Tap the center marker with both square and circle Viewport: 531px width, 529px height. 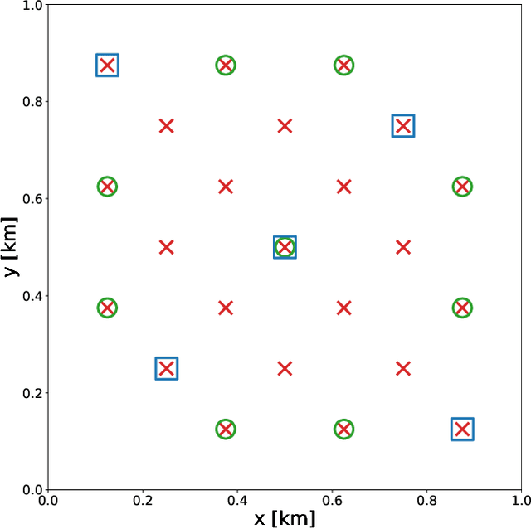click(x=285, y=247)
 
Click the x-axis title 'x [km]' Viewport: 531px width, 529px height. click(x=285, y=519)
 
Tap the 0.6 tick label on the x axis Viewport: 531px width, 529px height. click(x=332, y=500)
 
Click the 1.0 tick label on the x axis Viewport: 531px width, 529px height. click(x=520, y=500)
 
